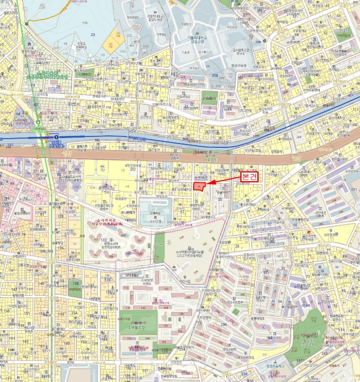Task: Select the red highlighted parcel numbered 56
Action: click(200, 186)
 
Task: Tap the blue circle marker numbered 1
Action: click(56, 136)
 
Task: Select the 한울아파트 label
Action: click(221, 193)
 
